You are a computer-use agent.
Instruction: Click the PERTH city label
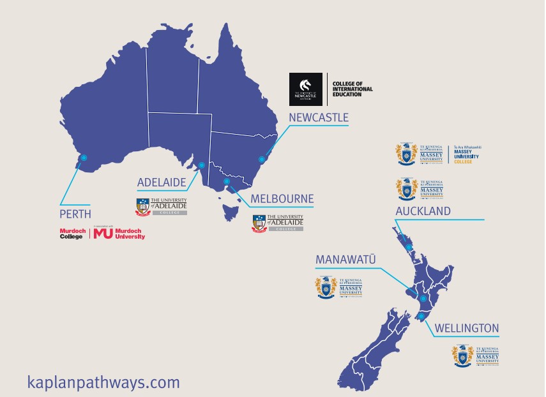tap(75, 214)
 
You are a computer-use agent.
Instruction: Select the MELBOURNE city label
tap(282, 198)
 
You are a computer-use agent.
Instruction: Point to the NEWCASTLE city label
tap(319, 117)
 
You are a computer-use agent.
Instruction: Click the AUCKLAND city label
tap(423, 211)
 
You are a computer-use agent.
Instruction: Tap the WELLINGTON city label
tap(467, 329)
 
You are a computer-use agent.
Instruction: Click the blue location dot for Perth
tap(83, 158)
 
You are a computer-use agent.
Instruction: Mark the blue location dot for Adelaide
tap(202, 165)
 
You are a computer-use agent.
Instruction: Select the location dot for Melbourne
tap(226, 181)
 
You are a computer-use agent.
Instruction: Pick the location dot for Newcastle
tap(261, 160)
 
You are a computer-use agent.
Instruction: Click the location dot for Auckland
tap(409, 248)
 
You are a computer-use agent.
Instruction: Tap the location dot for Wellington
tap(421, 316)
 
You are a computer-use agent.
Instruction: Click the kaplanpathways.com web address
tap(103, 382)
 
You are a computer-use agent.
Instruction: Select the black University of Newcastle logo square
tap(307, 89)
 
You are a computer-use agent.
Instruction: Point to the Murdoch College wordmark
tap(72, 234)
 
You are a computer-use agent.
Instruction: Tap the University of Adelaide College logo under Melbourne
tap(278, 222)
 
